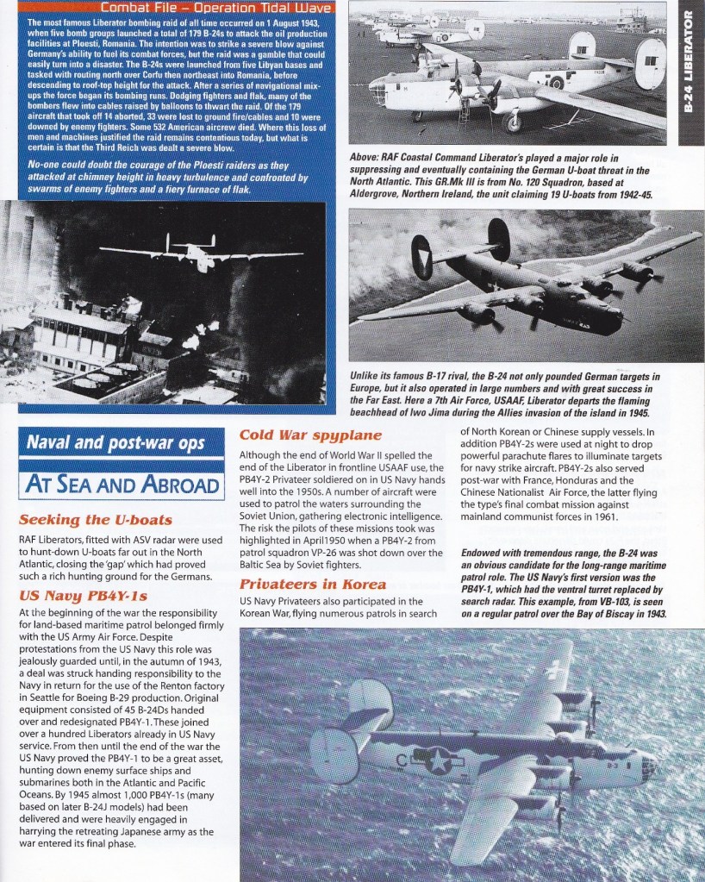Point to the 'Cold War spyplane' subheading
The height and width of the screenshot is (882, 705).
click(x=311, y=435)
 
